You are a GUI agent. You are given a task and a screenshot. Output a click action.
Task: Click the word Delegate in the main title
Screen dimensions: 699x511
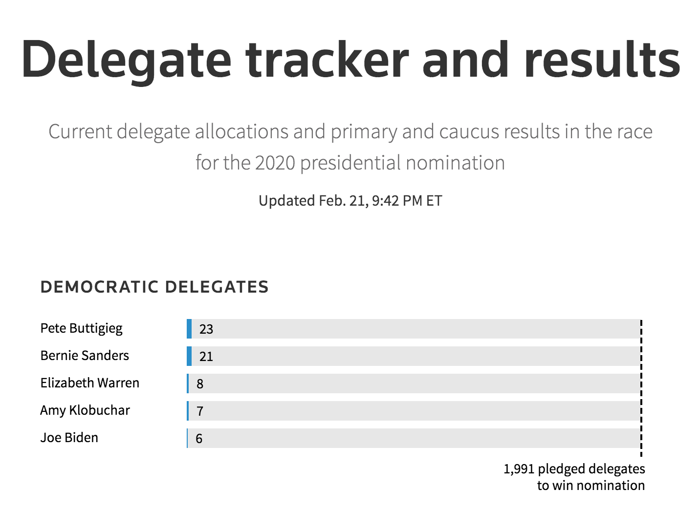pos(127,61)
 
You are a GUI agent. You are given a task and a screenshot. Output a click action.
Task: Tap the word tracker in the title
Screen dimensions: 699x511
pos(327,59)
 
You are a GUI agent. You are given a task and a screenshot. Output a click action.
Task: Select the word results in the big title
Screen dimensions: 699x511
pos(602,59)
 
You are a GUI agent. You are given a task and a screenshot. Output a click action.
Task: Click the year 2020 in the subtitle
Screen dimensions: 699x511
pos(275,163)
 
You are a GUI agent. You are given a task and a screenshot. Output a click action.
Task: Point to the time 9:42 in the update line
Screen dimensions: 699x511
pos(385,201)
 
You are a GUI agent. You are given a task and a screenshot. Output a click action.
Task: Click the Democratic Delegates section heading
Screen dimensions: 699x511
pos(154,287)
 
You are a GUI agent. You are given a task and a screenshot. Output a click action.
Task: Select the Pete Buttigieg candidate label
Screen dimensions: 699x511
pos(82,329)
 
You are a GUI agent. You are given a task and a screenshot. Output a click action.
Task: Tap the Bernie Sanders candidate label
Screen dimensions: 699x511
pos(85,355)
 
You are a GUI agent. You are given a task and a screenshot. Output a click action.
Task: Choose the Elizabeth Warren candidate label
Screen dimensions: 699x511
pos(90,383)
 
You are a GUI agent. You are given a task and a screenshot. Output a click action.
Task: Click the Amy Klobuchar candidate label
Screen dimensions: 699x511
pos(85,411)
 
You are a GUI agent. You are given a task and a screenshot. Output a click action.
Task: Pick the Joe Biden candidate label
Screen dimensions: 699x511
pos(69,438)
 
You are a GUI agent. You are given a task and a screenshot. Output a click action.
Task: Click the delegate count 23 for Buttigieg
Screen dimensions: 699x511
pos(206,329)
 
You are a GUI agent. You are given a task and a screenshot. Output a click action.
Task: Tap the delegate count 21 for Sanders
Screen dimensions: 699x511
pos(206,357)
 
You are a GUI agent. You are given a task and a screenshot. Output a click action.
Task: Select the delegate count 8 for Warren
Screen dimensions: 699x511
pos(200,384)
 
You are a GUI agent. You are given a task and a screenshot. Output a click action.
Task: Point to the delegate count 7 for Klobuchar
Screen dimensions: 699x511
pos(200,411)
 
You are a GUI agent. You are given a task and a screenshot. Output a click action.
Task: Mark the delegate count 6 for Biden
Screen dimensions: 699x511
pos(199,439)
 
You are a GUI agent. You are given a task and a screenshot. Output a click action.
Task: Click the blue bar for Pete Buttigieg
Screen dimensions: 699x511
pos(189,329)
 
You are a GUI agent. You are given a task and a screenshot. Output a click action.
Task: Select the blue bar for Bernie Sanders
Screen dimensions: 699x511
pos(189,356)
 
